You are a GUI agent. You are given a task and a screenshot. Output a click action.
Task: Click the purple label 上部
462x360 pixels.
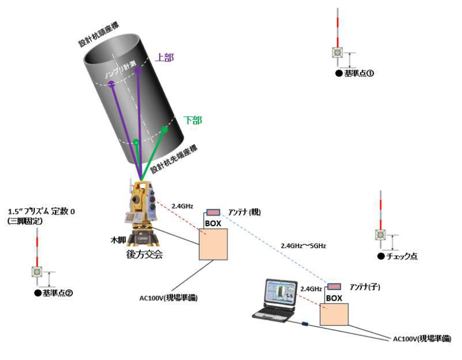[164, 57]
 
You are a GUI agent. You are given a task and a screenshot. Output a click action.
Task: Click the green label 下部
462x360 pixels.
[193, 120]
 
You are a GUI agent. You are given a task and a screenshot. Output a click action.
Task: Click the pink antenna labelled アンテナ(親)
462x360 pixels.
[213, 212]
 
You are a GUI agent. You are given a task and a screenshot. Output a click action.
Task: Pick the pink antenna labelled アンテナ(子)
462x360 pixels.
[334, 286]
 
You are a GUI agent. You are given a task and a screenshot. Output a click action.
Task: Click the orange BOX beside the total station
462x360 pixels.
[213, 244]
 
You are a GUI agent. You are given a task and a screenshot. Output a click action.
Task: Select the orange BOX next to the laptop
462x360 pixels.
[334, 314]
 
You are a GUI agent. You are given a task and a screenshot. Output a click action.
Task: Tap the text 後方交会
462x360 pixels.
[144, 254]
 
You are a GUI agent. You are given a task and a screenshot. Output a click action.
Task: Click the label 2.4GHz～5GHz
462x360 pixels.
[303, 246]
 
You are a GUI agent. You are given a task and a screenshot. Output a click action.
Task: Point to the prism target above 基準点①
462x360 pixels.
[337, 53]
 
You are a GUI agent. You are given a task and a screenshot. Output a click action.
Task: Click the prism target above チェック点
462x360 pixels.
[380, 235]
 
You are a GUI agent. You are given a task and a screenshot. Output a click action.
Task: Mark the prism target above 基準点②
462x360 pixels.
[37, 272]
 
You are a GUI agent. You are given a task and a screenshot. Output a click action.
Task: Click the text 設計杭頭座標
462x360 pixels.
[99, 35]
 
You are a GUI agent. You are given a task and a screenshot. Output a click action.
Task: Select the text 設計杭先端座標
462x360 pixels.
[174, 159]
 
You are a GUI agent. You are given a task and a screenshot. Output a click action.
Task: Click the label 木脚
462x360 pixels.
[118, 240]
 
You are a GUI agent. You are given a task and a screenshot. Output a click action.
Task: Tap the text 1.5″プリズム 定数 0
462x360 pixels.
[41, 211]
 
